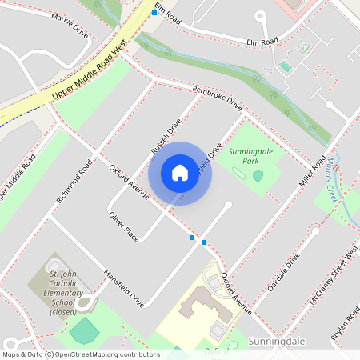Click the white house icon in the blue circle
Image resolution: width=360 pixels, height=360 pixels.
pyautogui.click(x=180, y=173)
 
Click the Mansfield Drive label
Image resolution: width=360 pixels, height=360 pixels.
pyautogui.click(x=123, y=288)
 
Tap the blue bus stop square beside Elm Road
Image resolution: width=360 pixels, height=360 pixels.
pyautogui.click(x=154, y=13)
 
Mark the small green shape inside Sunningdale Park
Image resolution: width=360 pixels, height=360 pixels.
pyautogui.click(x=258, y=175)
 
